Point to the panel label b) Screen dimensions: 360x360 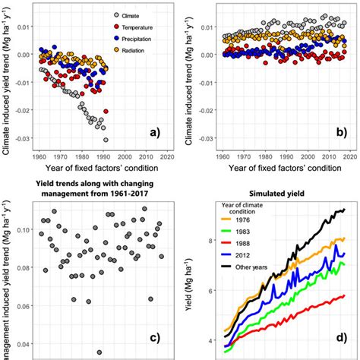(x=341, y=133)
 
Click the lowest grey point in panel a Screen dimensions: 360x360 (x=106, y=140)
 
